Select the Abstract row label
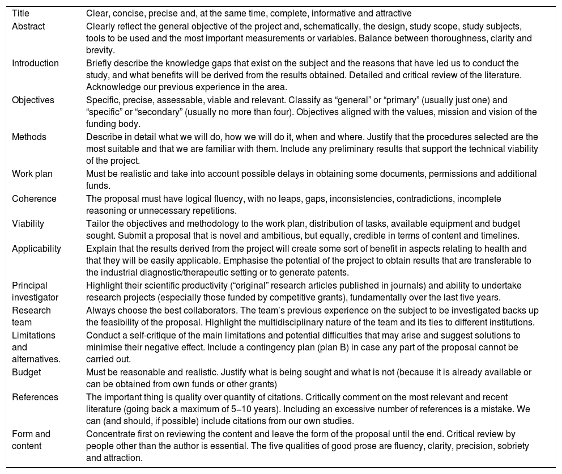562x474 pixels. pyautogui.click(x=28, y=26)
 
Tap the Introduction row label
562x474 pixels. pyautogui.click(x=35, y=63)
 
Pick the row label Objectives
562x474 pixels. pyautogui.click(x=33, y=100)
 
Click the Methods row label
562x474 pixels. pyautogui.click(x=29, y=137)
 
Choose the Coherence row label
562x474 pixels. pyautogui.click(x=34, y=199)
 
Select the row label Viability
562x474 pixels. pyautogui.click(x=28, y=223)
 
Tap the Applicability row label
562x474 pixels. pyautogui.click(x=36, y=248)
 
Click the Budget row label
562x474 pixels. pyautogui.click(x=27, y=372)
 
